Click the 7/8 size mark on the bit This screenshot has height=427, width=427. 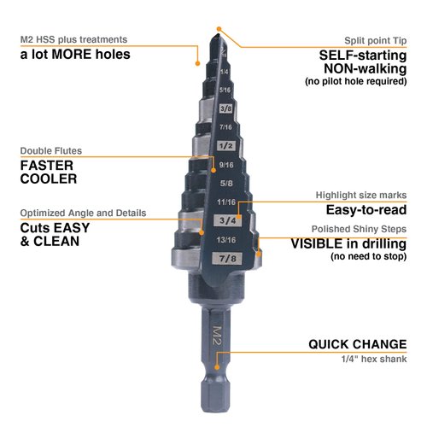(226, 257)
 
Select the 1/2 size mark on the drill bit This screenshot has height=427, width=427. (226, 146)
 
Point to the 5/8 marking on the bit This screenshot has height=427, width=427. (226, 182)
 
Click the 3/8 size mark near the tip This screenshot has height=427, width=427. (226, 108)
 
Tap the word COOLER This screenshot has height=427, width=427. (49, 179)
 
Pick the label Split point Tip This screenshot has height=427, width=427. (377, 40)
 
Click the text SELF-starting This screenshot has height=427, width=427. (358, 55)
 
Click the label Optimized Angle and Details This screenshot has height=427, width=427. (83, 213)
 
